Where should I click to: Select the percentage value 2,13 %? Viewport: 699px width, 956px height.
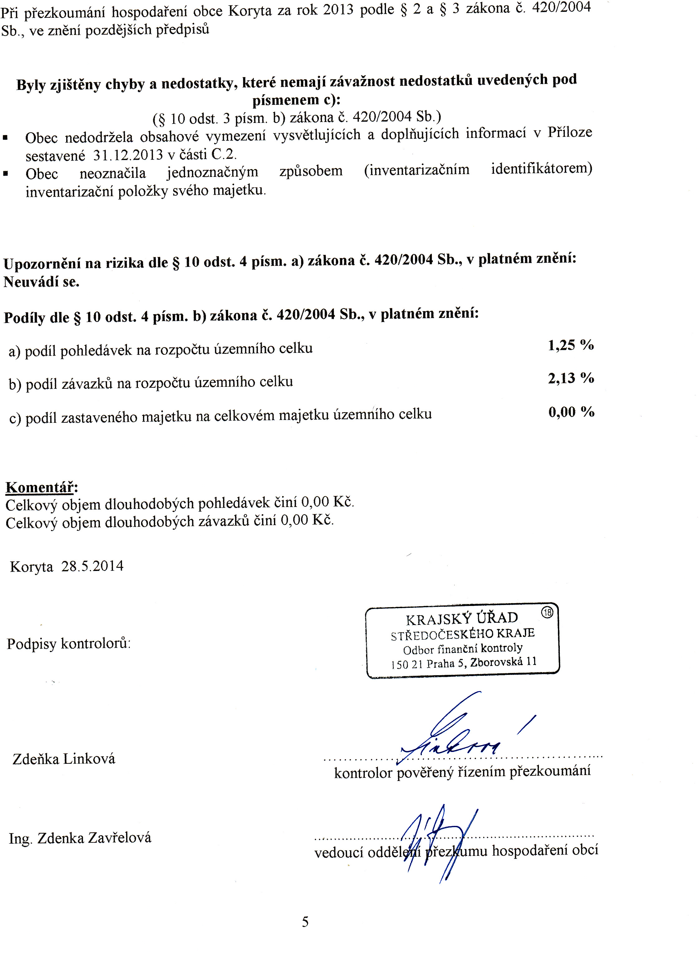571,378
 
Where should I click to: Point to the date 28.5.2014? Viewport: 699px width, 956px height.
92,566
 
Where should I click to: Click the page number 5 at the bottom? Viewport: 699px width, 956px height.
305,921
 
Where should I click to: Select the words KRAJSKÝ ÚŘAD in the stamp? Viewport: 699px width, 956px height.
462,619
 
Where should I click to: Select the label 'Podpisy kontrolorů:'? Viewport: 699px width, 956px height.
69,643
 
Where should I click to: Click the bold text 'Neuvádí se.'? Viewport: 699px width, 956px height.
42,282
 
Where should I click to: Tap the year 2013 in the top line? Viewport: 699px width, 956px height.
338,9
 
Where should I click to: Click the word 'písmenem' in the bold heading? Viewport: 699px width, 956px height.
286,100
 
